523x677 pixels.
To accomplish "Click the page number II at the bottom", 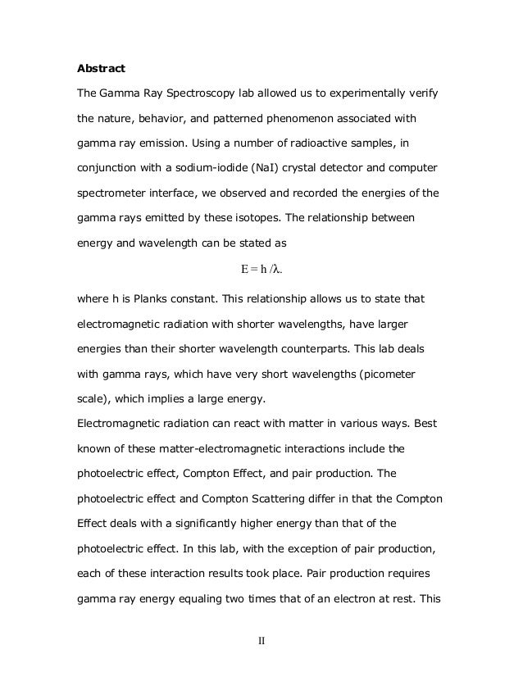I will [x=261, y=639].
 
